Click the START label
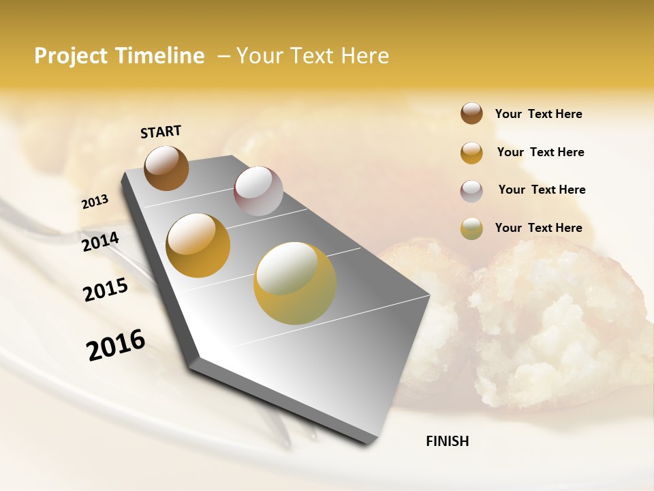click(161, 132)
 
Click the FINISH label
click(447, 441)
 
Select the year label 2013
click(95, 201)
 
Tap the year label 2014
click(100, 241)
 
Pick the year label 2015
click(106, 290)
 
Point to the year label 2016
click(116, 344)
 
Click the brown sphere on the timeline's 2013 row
click(166, 168)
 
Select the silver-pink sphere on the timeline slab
click(258, 191)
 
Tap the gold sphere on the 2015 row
click(198, 245)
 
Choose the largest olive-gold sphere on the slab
click(295, 283)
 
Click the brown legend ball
click(471, 113)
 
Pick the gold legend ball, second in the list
click(471, 153)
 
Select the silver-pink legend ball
click(471, 191)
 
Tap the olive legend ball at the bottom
click(471, 228)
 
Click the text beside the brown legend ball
click(538, 114)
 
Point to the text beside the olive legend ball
click(538, 228)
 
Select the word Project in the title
click(71, 56)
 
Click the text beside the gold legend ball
click(540, 152)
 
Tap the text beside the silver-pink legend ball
click(542, 190)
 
